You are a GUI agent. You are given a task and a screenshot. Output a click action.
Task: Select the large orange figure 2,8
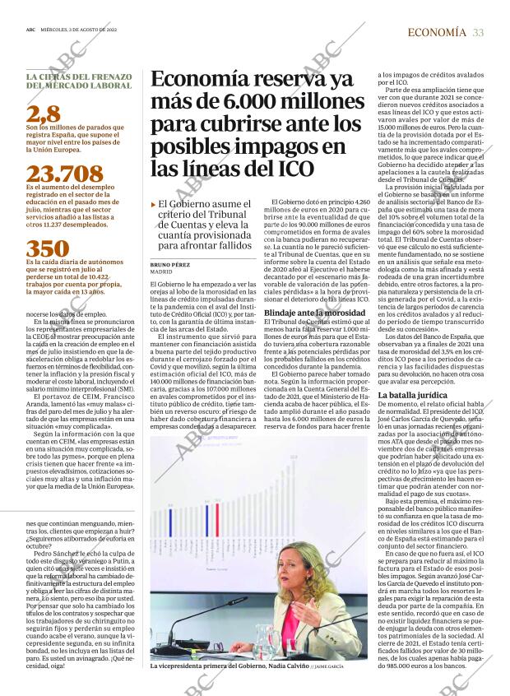point(42,114)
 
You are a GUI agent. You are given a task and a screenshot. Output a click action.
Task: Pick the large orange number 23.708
point(64,174)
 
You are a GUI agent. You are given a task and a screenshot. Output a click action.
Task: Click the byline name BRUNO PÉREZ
point(170,264)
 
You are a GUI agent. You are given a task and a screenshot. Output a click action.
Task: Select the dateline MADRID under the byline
point(161,271)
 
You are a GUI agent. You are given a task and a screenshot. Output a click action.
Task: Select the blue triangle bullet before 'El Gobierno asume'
point(153,204)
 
